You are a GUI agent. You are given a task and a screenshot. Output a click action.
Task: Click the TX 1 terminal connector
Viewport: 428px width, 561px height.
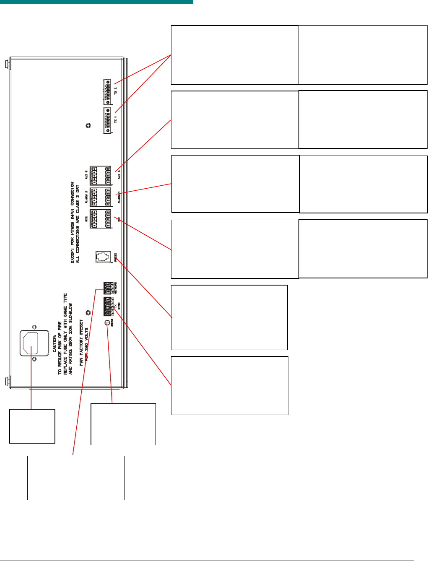(x=108, y=121)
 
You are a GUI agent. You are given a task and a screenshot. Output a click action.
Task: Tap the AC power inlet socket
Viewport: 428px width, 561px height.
(x=34, y=343)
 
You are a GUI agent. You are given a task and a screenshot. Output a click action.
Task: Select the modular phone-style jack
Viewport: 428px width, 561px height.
(x=103, y=256)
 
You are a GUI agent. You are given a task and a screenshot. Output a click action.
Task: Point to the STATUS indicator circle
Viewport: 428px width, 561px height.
(x=107, y=322)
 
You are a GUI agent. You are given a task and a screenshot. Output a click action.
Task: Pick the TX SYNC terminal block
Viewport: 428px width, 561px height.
(x=108, y=306)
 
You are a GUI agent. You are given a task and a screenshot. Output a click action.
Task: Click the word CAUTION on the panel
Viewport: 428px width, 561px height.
(x=54, y=343)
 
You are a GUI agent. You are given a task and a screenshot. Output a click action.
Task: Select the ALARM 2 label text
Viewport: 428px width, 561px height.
(x=86, y=196)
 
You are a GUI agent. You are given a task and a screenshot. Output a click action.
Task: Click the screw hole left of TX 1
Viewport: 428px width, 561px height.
(x=88, y=126)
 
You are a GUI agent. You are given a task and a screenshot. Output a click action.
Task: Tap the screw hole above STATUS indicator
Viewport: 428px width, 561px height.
(x=88, y=313)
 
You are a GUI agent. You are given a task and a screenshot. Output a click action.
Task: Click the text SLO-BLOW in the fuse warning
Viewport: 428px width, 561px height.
(x=71, y=312)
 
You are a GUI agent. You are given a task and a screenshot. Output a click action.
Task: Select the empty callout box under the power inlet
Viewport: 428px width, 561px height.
(x=32, y=426)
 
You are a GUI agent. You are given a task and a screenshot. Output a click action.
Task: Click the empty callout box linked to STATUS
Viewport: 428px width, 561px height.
(x=123, y=424)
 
